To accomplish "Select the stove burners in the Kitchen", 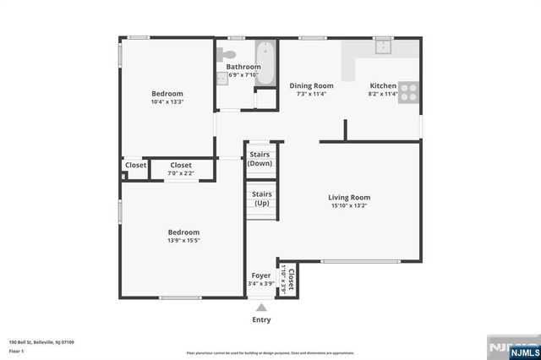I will tap(409, 91).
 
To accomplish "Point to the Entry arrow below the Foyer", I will tap(261, 308).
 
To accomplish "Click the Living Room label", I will tap(349, 197).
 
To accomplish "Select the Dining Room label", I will tap(311, 85).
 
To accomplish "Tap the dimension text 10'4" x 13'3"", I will tap(167, 102).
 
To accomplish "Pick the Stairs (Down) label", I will tap(260, 159).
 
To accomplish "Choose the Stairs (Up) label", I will tap(260, 199).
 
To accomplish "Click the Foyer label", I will tap(260, 276).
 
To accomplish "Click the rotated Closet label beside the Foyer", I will tap(288, 278).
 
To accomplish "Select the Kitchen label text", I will tap(383, 85).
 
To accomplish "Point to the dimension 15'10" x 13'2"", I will tap(349, 205).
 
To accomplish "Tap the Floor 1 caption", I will tap(16, 350).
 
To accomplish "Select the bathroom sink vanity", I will tap(222, 78).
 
